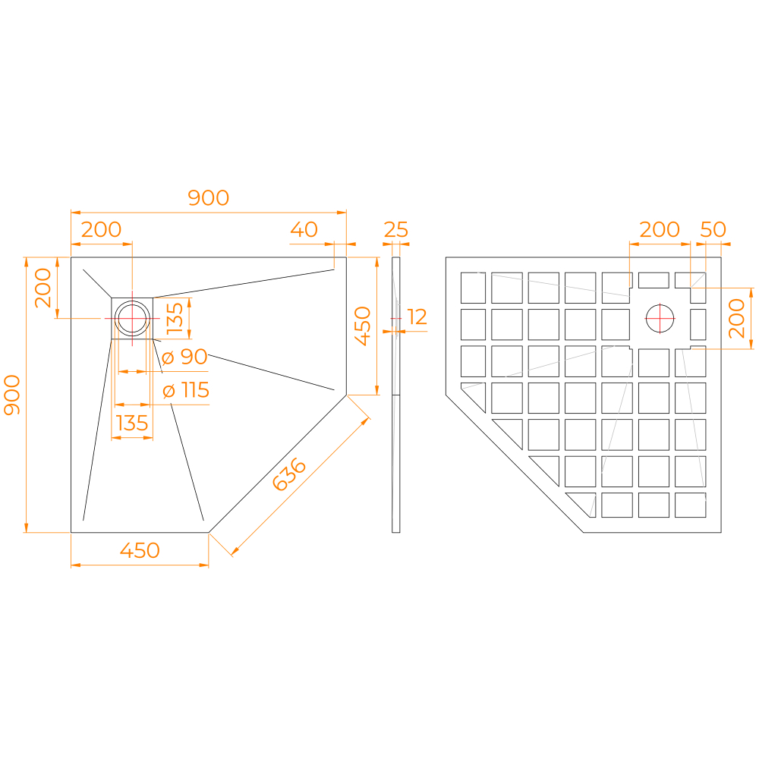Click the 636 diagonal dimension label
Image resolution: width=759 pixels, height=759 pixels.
[289, 475]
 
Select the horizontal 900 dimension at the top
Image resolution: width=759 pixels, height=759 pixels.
[208, 198]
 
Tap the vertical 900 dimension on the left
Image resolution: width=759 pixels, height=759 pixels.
[13, 395]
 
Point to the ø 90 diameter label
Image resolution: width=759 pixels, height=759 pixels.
[185, 357]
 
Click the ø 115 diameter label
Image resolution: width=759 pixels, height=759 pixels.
[186, 391]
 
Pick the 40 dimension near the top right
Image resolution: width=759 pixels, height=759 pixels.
[304, 229]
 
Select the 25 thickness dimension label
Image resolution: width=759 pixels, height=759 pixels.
[396, 229]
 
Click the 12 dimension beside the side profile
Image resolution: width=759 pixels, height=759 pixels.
[417, 317]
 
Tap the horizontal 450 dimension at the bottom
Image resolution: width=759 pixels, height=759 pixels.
[140, 550]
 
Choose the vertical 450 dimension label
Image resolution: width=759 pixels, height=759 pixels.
[363, 326]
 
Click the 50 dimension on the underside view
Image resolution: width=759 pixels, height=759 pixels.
[713, 229]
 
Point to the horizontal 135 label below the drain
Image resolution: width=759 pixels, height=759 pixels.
[132, 423]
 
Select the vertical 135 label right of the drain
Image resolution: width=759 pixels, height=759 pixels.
[175, 319]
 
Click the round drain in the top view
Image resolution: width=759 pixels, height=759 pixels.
[133, 318]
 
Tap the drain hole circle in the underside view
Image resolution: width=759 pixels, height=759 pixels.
[660, 318]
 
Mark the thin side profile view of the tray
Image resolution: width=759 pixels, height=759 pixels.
[395, 395]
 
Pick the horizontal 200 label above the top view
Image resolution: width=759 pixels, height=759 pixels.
[101, 229]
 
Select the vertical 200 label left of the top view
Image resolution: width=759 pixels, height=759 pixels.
[44, 288]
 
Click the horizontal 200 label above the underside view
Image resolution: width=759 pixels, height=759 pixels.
[660, 229]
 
